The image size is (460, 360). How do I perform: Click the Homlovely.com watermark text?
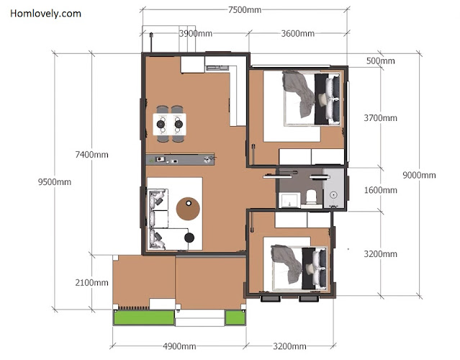tap(45, 14)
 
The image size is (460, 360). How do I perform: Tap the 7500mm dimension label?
tap(245, 10)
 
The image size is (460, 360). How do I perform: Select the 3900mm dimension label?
tap(196, 33)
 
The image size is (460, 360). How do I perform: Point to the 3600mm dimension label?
tap(298, 33)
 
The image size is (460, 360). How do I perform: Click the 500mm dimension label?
tap(381, 60)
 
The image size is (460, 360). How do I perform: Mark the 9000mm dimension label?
tap(419, 175)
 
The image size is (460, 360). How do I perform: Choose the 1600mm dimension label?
tap(381, 190)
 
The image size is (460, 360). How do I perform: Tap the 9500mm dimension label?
tap(55, 182)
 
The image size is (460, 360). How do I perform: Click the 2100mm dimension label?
tap(91, 282)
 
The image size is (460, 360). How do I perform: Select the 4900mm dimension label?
tap(179, 346)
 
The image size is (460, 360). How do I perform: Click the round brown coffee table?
tap(188, 209)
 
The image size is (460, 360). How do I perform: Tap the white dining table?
tap(170, 125)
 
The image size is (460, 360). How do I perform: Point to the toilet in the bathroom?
tap(311, 197)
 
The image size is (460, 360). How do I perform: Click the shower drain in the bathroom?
tap(333, 194)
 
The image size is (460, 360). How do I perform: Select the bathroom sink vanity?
tap(289, 200)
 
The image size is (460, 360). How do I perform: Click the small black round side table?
tap(189, 238)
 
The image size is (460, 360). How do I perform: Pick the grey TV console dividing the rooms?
tap(180, 159)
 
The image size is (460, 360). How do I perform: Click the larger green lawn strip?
tap(144, 318)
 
